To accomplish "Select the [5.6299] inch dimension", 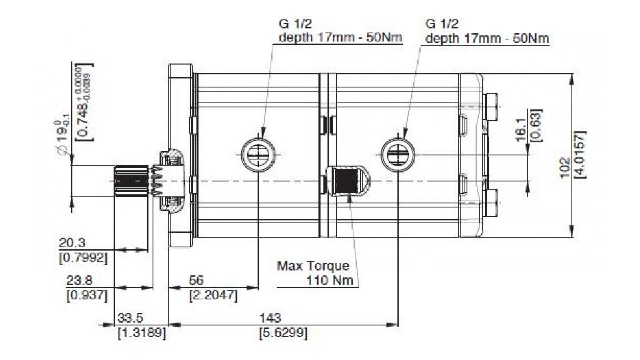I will [x=283, y=331].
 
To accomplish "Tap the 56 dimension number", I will [x=198, y=280].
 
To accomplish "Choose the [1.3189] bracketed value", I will [x=141, y=331].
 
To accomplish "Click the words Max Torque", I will [x=313, y=265].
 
